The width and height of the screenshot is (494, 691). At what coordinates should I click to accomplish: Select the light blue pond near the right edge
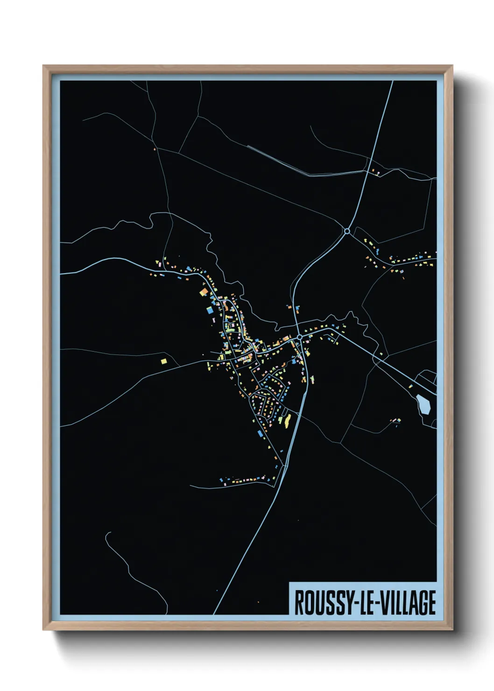coord(423,403)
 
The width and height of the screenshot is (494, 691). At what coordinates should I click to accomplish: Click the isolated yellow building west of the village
coord(164,360)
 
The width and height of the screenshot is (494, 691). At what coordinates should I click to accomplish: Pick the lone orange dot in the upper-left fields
coord(154,149)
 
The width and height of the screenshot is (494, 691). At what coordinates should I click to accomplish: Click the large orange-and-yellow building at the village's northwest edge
coord(204,292)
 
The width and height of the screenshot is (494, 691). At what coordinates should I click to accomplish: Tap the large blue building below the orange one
coord(210,309)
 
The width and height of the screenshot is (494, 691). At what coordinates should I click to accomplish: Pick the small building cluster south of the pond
coord(396,421)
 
